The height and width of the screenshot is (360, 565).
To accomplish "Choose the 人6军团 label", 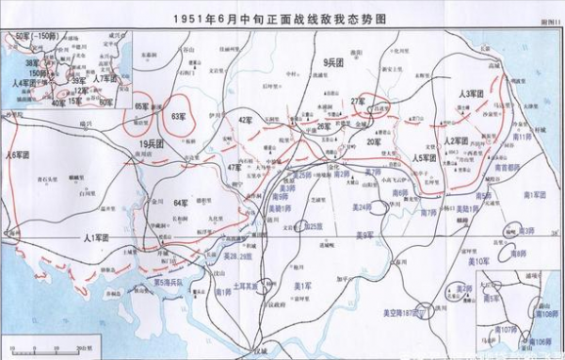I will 19,155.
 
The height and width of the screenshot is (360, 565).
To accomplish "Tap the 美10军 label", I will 477,261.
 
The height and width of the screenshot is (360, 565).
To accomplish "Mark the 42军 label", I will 247,121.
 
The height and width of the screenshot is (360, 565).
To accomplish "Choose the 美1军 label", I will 302,286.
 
